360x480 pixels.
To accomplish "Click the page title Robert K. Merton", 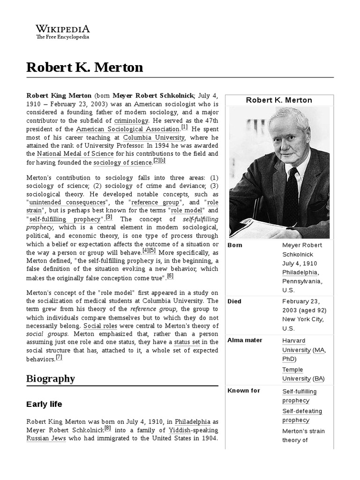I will click(x=85, y=67).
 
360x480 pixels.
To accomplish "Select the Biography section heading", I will click(x=51, y=378).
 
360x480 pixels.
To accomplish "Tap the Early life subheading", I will click(x=44, y=404).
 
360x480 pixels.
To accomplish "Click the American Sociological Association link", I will click(x=127, y=128).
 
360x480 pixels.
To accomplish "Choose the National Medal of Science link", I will click(x=75, y=154).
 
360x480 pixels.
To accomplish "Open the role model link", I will click(x=186, y=211).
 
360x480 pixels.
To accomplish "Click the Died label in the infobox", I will click(x=234, y=301).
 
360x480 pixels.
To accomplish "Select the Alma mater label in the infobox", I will click(x=244, y=340).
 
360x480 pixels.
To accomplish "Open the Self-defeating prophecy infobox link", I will click(x=302, y=415).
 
